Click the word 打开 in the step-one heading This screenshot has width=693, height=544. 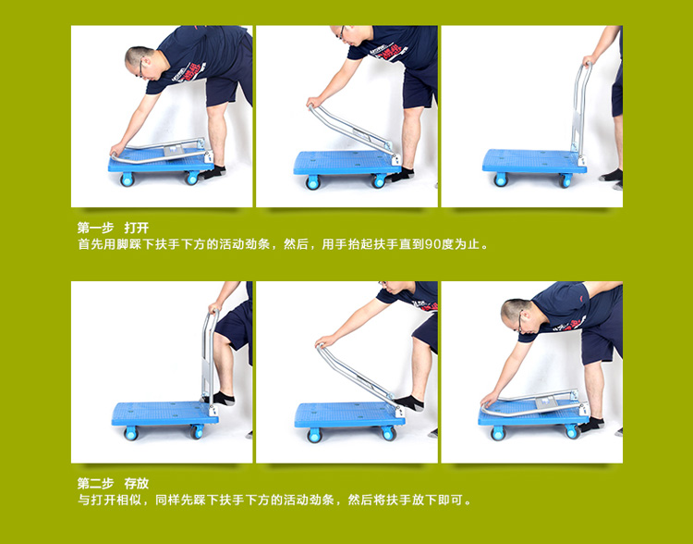(x=137, y=228)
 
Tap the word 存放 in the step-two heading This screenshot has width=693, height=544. (x=137, y=483)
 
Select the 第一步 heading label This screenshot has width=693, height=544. (x=95, y=228)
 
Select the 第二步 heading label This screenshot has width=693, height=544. (x=95, y=483)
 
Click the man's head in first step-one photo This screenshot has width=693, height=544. (x=141, y=62)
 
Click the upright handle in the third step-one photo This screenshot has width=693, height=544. (x=580, y=108)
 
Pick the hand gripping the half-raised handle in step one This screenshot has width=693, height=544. (x=315, y=103)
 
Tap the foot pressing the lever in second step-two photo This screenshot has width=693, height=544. (x=408, y=402)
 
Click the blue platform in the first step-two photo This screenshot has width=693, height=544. (x=164, y=414)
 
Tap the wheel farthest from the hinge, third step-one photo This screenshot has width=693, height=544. (x=501, y=179)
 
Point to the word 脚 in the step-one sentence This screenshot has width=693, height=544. (x=122, y=244)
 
